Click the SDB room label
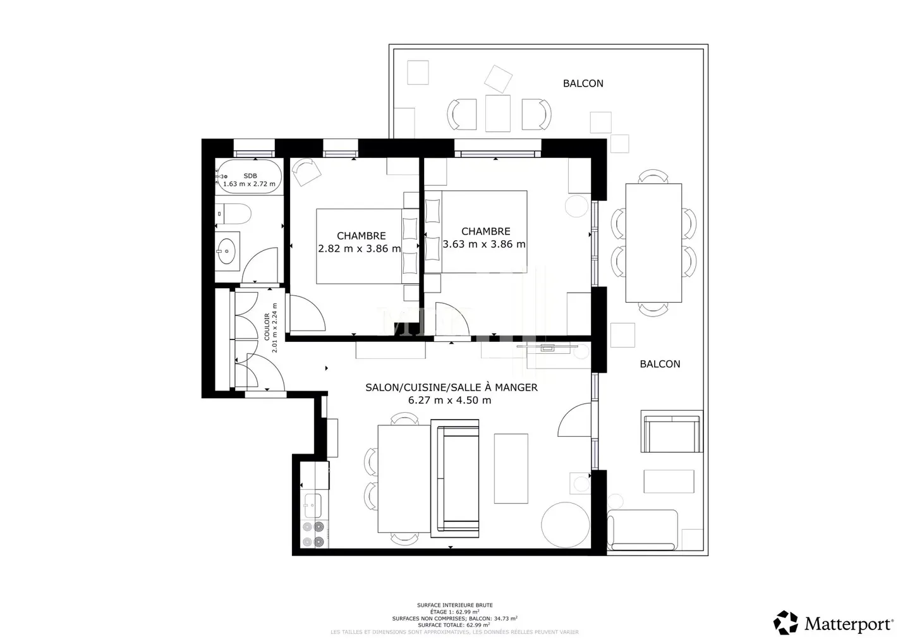[x=250, y=176]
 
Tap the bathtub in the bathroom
[x=250, y=176]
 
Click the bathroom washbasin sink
[x=226, y=251]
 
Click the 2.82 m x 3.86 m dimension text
[x=360, y=248]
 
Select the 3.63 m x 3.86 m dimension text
[x=485, y=244]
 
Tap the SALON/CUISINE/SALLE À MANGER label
[x=451, y=387]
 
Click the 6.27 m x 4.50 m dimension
[x=449, y=400]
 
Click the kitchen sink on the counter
[x=312, y=505]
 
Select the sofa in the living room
[x=456, y=478]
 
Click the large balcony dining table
[x=653, y=243]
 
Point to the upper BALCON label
[x=583, y=83]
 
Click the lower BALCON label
[x=660, y=364]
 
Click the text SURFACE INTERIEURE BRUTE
[x=454, y=605]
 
